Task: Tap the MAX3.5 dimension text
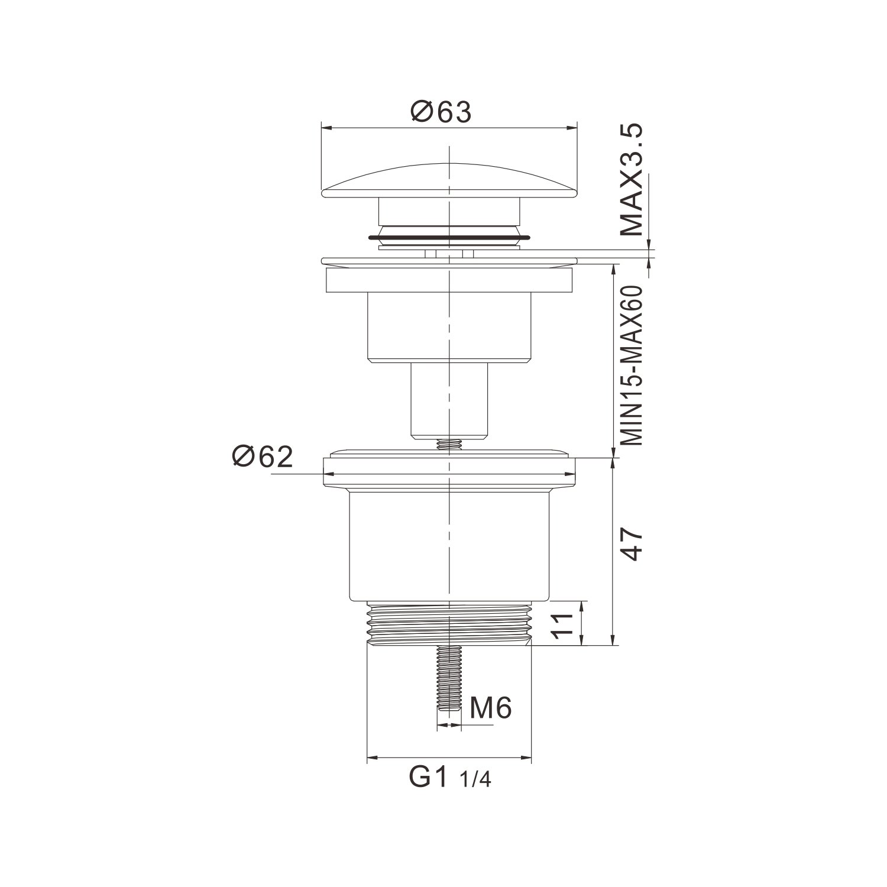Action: (x=633, y=180)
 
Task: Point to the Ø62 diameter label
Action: (x=263, y=457)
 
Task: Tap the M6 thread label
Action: (x=490, y=708)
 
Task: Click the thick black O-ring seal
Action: (x=449, y=238)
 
